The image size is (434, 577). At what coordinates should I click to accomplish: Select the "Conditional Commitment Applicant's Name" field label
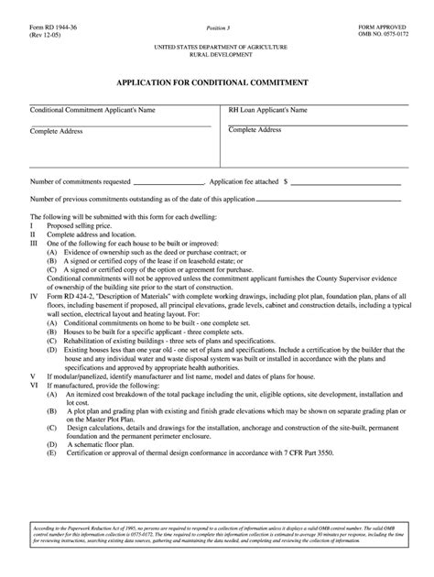[x=92, y=109]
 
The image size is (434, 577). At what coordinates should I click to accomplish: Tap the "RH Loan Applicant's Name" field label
[x=267, y=109]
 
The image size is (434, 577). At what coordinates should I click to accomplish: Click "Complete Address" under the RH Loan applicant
[x=255, y=130]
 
